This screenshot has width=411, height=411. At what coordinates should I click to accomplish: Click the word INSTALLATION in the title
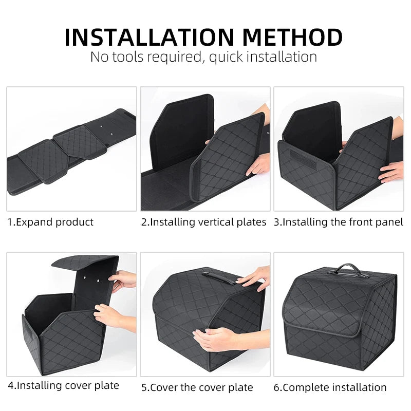coord(150,37)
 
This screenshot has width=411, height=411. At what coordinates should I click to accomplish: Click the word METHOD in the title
coord(293,37)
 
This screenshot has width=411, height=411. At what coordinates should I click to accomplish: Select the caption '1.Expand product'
coord(50,222)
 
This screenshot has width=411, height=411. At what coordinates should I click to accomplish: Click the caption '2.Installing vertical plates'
coord(203,222)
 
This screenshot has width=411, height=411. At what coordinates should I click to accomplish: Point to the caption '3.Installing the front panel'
coord(338,222)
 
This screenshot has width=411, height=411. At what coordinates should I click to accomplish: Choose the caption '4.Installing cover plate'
coord(63,385)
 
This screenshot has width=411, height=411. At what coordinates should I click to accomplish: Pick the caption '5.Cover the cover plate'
coord(197,387)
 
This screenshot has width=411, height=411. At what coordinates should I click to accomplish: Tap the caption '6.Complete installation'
coord(330,387)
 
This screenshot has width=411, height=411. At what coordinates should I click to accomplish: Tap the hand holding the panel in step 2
coord(259,163)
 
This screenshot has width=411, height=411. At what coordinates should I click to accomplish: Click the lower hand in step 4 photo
coord(109,314)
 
